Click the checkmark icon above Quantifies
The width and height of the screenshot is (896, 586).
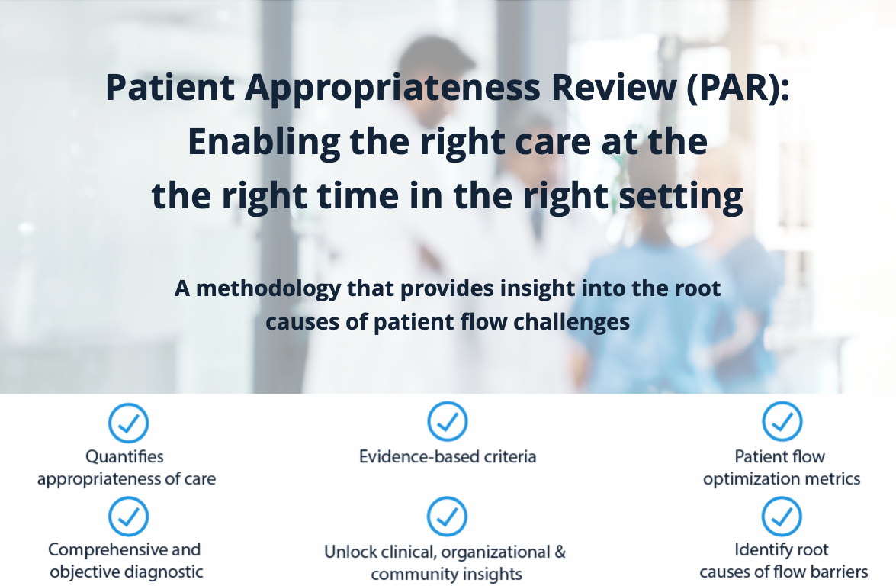[128, 423]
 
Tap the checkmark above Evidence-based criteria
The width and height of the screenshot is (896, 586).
[447, 422]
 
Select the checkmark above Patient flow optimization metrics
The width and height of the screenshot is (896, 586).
[782, 422]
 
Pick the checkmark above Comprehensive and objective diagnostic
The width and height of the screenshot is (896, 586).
[128, 517]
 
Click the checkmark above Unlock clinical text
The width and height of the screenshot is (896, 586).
[447, 517]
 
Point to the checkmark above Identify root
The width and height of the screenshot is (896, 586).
[782, 517]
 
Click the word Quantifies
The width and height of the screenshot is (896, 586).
[124, 456]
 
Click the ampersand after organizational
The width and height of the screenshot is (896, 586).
[559, 551]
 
